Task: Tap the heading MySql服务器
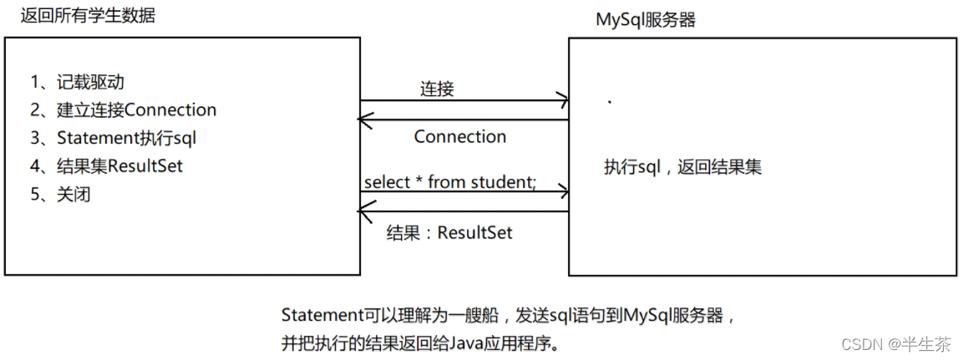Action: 646,19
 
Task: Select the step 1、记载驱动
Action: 78,82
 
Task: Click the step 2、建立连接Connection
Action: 123,110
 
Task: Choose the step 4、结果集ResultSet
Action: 106,165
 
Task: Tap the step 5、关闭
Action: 59,194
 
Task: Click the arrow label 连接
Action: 438,89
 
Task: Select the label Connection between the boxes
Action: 460,137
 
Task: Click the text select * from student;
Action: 450,181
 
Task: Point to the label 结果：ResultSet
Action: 449,233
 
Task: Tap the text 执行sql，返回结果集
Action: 682,168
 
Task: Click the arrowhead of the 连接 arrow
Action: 564,101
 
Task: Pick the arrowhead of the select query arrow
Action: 564,192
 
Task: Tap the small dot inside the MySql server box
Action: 610,102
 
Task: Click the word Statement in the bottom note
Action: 318,316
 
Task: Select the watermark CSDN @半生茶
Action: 895,343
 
